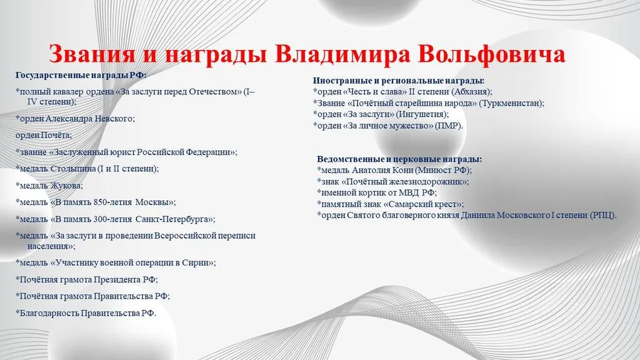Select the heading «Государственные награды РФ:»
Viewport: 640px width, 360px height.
coord(81,76)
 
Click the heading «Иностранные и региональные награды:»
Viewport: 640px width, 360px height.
coord(399,81)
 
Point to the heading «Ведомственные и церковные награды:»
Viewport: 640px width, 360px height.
coord(399,159)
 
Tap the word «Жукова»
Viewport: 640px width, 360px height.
coord(66,186)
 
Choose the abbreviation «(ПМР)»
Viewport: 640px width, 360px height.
coord(449,126)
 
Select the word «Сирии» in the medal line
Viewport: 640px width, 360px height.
coord(199,263)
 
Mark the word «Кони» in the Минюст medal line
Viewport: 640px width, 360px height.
coord(402,170)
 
